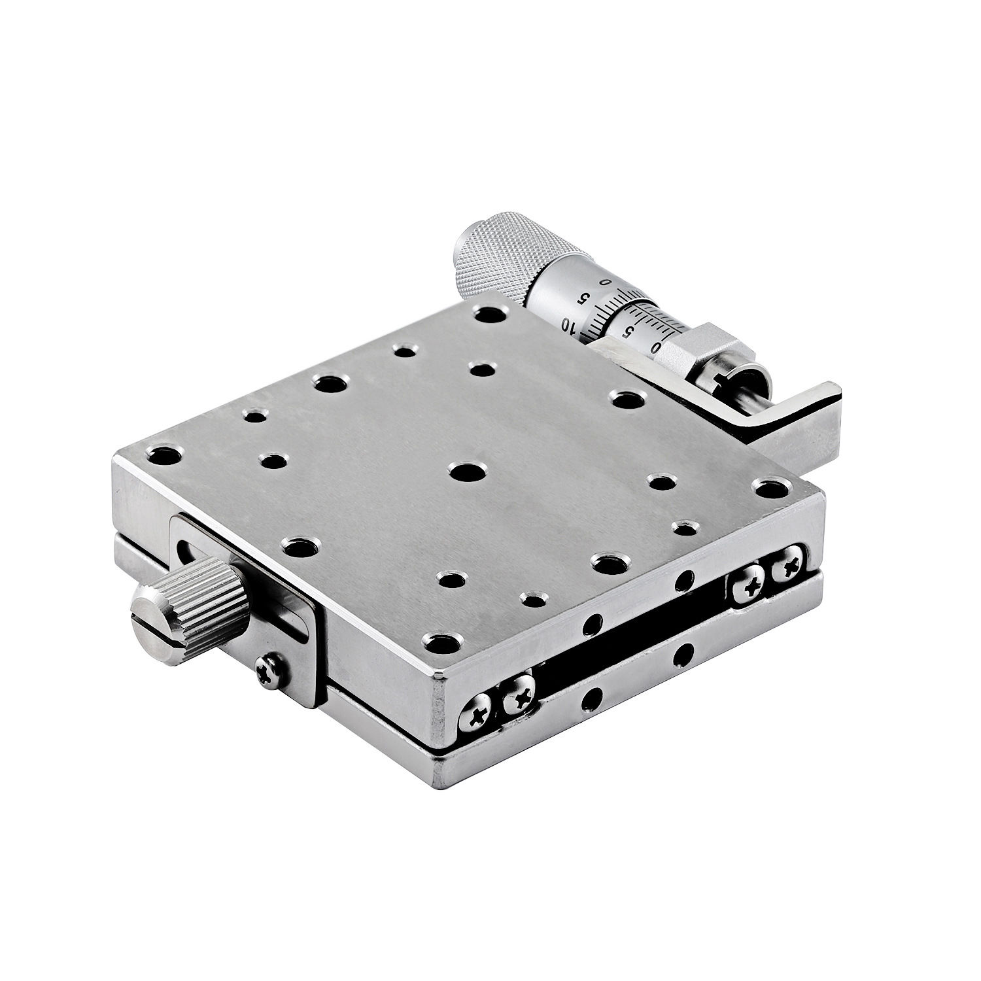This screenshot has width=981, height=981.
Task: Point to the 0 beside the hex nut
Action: [x=656, y=347]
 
